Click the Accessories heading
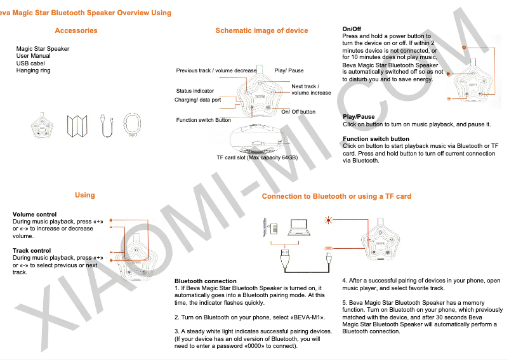[76, 30]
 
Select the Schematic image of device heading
[261, 30]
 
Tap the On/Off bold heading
[352, 29]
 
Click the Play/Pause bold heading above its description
[359, 117]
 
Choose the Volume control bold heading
[34, 215]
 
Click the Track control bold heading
[32, 251]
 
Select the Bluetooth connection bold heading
[205, 281]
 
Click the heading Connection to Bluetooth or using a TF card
[336, 197]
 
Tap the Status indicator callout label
[195, 91]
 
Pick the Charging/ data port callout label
[197, 100]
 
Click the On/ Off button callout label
[298, 112]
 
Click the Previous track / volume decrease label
[216, 70]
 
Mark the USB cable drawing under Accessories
[107, 125]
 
